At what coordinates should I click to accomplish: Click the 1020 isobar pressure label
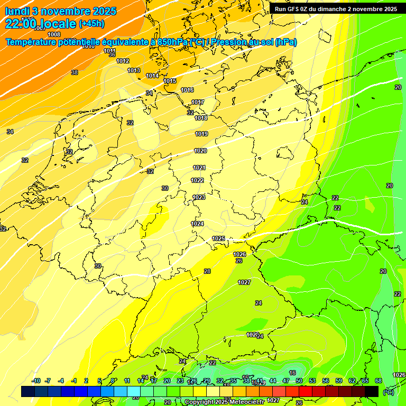[200, 151]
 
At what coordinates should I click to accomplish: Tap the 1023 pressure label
[199, 197]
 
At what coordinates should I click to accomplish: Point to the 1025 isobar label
[218, 238]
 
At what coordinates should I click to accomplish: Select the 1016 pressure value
[187, 90]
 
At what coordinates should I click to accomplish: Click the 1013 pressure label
[134, 70]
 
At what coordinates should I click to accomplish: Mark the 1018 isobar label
[201, 118]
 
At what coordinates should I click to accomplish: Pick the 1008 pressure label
[54, 35]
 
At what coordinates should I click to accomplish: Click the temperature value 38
[75, 72]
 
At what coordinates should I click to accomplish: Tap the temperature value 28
[207, 271]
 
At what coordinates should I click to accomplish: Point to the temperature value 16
[292, 373]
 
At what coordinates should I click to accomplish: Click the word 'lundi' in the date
[17, 11]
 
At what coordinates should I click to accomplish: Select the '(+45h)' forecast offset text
[91, 24]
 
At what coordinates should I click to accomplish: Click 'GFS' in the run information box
[293, 9]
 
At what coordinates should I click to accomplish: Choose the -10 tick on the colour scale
[36, 381]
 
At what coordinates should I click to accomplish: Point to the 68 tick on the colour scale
[379, 381]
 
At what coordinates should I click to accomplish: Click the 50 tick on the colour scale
[299, 381]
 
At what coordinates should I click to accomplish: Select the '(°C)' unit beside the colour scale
[389, 392]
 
